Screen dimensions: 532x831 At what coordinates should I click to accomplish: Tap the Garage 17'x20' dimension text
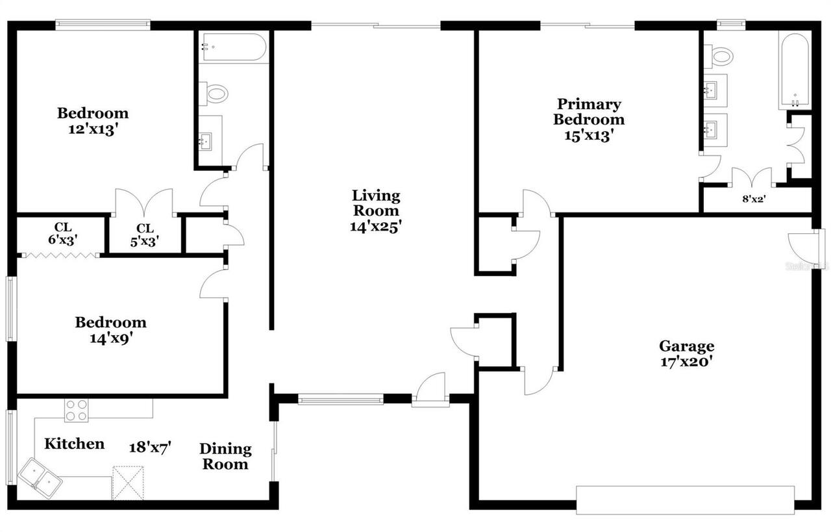[x=687, y=362]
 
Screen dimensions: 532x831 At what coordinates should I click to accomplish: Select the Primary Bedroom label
[x=589, y=112]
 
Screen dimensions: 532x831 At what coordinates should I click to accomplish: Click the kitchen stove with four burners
[x=76, y=411]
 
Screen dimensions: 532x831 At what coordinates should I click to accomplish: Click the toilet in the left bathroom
[x=214, y=94]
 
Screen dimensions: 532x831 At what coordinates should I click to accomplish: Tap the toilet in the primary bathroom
[x=719, y=57]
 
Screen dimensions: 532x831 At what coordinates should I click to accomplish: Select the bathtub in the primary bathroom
[x=794, y=71]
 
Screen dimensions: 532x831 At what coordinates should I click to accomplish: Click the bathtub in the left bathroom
[x=232, y=47]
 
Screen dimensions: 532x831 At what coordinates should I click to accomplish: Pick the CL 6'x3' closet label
[x=62, y=233]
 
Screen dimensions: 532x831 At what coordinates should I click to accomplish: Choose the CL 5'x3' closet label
[x=144, y=234]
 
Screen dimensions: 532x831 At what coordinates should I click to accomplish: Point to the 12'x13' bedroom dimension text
[x=93, y=129]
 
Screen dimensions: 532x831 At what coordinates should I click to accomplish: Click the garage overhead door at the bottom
[x=685, y=500]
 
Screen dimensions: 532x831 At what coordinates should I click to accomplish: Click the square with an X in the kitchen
[x=127, y=483]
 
